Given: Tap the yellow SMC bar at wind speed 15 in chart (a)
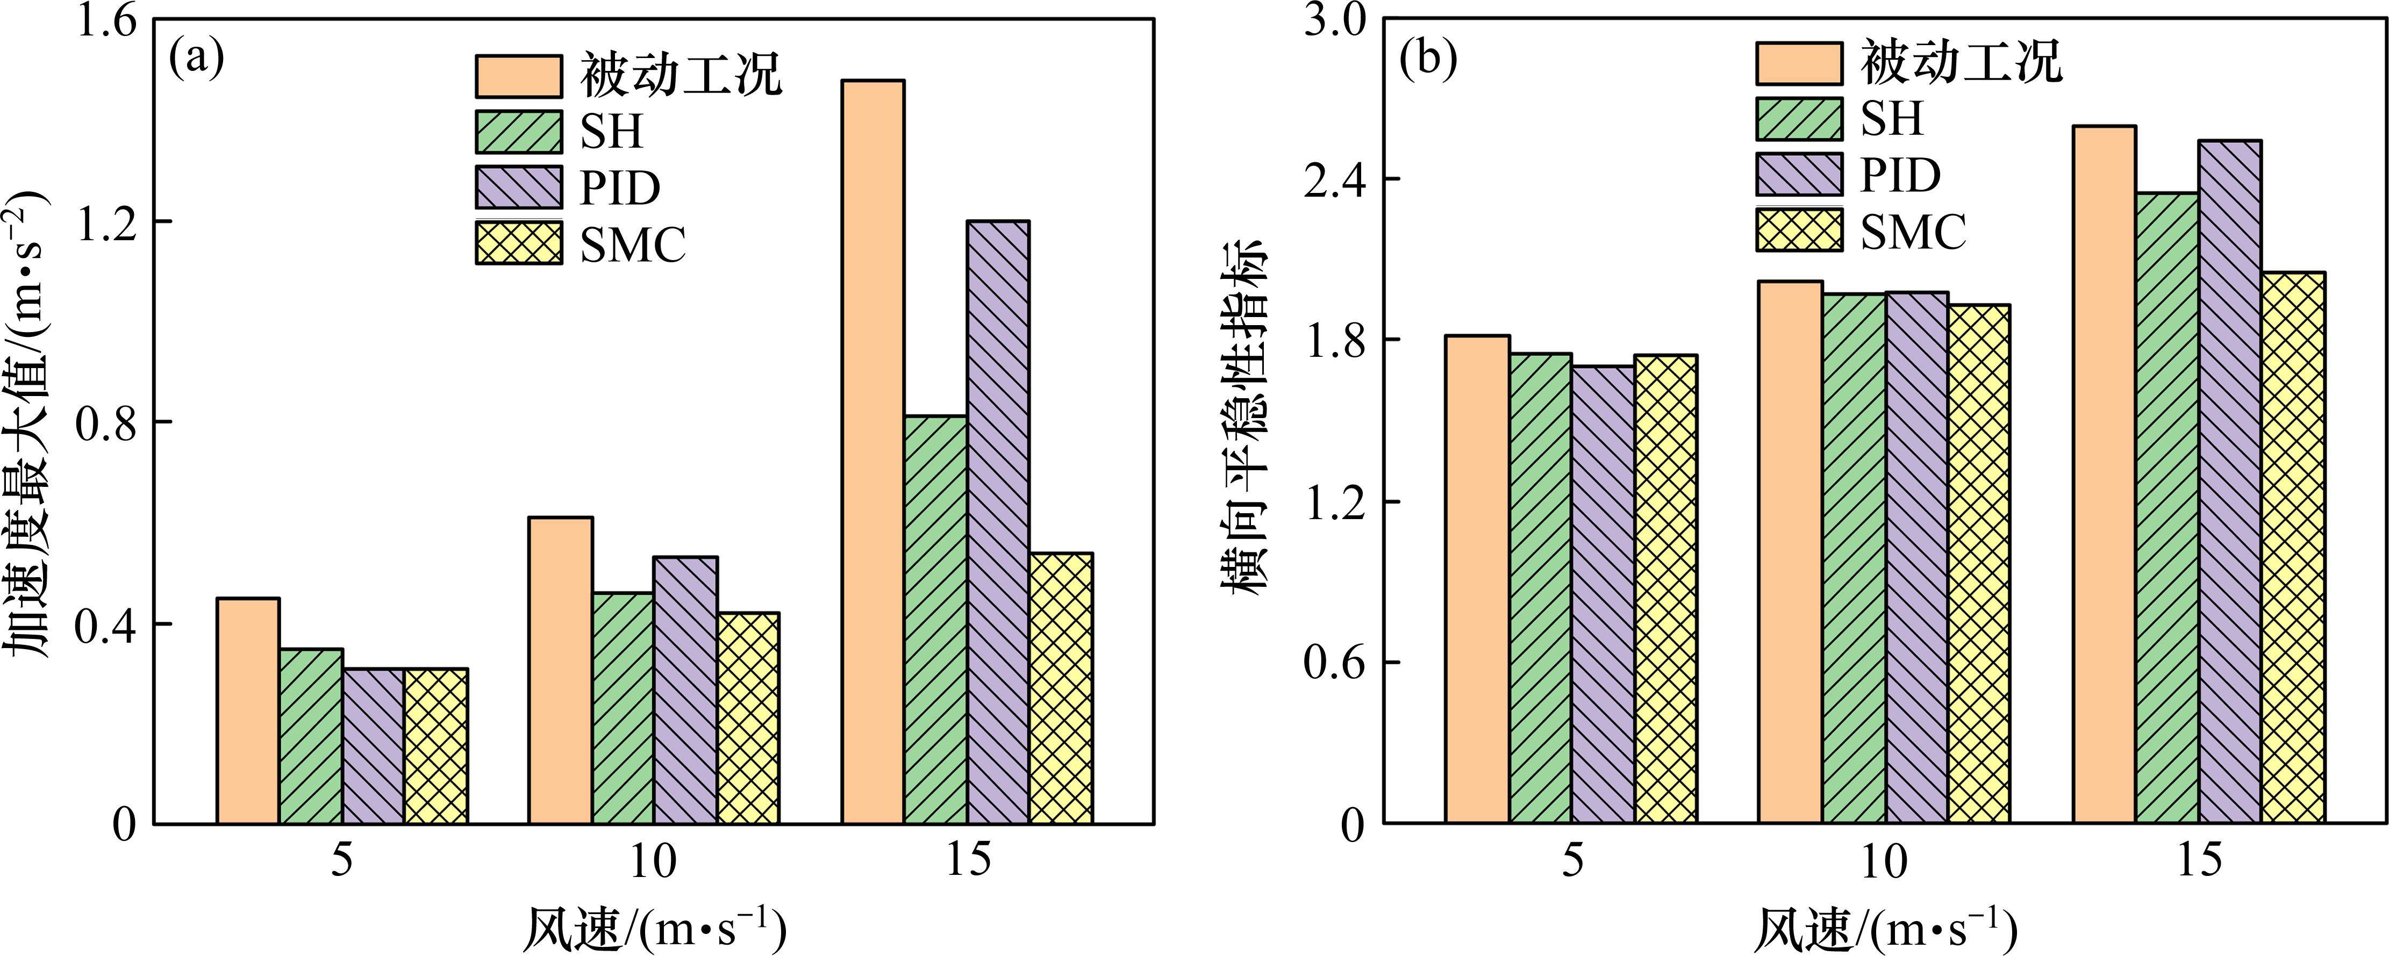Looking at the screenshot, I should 1061,688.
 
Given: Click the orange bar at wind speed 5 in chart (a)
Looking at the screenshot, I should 248,710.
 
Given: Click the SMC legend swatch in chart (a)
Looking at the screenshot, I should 518,243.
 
